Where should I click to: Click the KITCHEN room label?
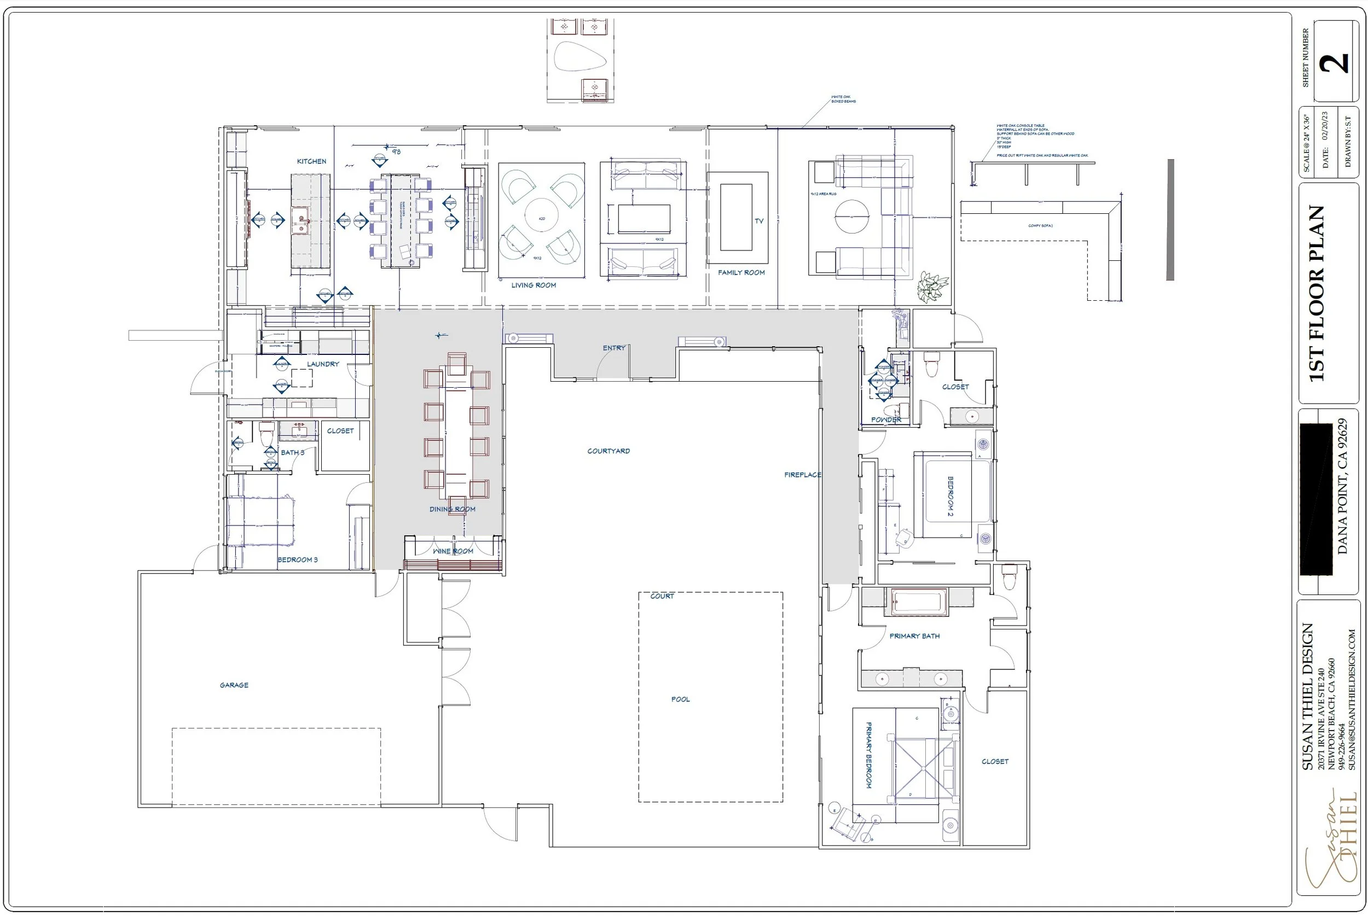point(311,161)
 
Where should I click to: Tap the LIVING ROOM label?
point(534,285)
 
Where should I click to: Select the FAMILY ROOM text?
point(741,272)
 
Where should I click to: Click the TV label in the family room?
point(758,221)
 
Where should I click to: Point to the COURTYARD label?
point(608,451)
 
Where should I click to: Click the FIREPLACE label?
point(802,475)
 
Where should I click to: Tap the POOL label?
point(680,699)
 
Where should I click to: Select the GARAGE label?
point(234,685)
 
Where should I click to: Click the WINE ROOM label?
point(453,551)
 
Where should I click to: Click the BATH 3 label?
point(292,452)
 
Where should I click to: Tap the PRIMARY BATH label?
point(914,635)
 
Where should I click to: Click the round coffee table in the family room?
point(851,217)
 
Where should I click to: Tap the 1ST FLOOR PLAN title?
point(1316,294)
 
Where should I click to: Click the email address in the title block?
point(1352,699)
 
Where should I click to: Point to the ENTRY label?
point(613,348)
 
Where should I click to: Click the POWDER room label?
point(886,419)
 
